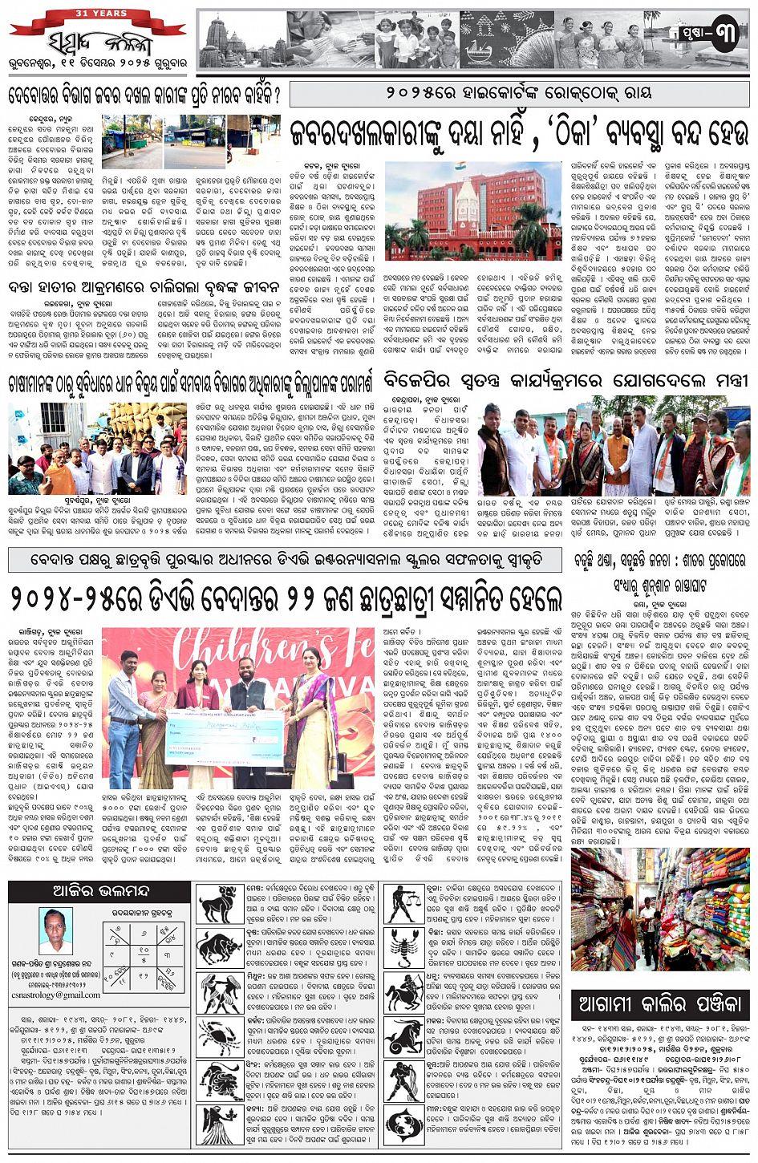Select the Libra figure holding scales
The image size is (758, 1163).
tap(405, 904)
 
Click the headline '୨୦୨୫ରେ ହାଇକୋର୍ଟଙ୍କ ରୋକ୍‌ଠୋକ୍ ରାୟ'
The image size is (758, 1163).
tap(518, 93)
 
